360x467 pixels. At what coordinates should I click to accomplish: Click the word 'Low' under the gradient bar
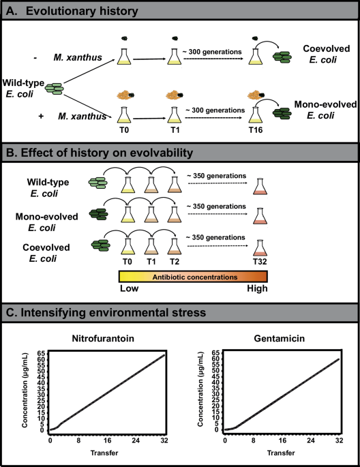pos(130,288)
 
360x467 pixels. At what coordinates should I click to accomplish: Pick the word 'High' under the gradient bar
pos(256,288)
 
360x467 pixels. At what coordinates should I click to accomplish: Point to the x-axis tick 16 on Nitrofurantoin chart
pos(108,440)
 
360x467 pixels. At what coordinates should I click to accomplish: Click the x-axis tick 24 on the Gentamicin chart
pos(311,440)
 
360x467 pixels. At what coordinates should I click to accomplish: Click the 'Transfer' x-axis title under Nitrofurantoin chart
pos(108,452)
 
